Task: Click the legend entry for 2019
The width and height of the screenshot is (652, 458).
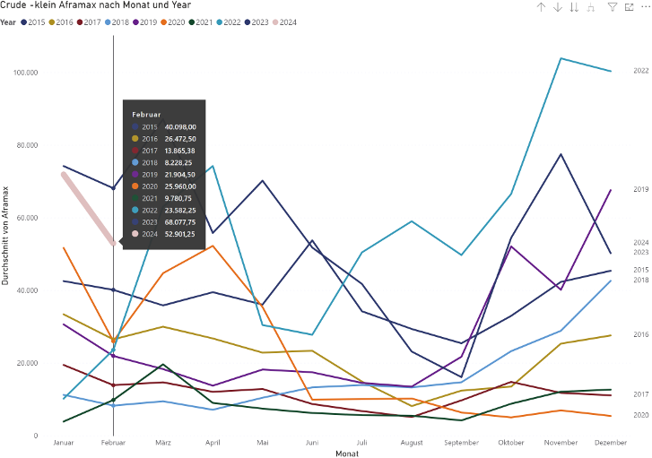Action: tap(148, 22)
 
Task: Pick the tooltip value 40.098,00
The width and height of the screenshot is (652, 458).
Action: tap(179, 127)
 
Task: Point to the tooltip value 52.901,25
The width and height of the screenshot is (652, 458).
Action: tap(179, 233)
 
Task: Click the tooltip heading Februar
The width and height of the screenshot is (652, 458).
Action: tap(146, 115)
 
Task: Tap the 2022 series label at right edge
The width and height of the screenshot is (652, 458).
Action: tap(640, 71)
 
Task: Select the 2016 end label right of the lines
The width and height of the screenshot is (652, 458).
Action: tap(640, 334)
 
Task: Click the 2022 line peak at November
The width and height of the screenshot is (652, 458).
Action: tap(561, 59)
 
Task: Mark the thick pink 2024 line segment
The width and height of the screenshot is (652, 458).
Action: tap(88, 208)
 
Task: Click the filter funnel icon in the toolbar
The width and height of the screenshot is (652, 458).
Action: tap(612, 7)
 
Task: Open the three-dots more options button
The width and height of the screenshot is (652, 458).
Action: tap(644, 7)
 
